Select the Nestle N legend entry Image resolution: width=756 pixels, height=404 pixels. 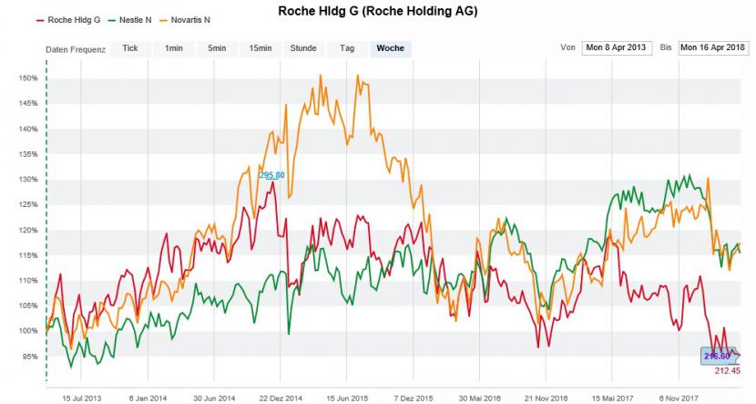[133, 19]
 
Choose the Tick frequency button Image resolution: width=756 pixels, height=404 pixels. [130, 48]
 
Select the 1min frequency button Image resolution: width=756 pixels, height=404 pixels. [173, 48]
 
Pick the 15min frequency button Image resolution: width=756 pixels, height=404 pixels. [260, 48]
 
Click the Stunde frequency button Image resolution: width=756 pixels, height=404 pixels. [303, 48]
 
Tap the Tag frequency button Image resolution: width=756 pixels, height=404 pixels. [347, 48]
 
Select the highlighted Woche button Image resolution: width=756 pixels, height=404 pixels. [391, 48]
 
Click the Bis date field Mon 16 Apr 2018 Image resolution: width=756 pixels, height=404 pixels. [713, 47]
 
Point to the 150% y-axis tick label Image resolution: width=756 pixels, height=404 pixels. [27, 78]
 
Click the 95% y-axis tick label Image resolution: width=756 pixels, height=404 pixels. [29, 357]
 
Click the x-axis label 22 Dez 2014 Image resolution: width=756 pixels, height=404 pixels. [280, 399]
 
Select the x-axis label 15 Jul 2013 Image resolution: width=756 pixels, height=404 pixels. [81, 399]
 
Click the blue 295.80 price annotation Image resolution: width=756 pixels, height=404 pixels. [271, 175]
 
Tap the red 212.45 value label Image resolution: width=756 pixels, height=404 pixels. [727, 371]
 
